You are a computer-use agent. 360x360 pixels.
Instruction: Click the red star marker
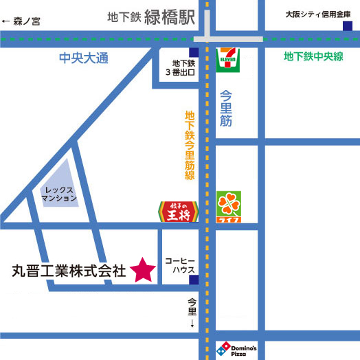142,269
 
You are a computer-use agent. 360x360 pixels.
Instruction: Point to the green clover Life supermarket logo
228,207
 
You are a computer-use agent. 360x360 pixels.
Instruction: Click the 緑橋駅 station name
170,16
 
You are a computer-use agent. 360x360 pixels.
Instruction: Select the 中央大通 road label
85,59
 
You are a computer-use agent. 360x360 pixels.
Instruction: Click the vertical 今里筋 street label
227,109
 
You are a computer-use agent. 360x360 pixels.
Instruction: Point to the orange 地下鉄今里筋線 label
190,146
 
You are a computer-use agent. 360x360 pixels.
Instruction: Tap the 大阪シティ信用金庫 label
318,14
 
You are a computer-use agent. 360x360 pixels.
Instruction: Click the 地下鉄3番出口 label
181,67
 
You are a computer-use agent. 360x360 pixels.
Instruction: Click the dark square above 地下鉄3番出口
195,52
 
